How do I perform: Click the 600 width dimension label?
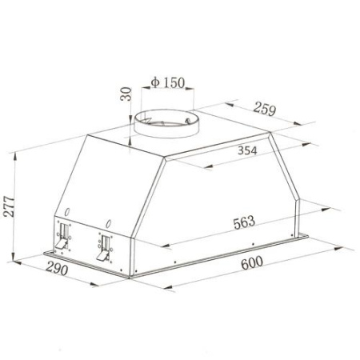tap(252, 263)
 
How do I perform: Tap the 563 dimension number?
tap(244, 222)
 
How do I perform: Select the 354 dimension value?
tap(247, 150)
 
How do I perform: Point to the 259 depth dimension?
tap(265, 109)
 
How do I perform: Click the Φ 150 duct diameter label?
tap(168, 82)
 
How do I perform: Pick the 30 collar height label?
tap(126, 94)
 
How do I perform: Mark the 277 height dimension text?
tap(9, 206)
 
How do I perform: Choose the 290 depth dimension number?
tap(57, 268)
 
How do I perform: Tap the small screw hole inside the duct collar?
tap(188, 122)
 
